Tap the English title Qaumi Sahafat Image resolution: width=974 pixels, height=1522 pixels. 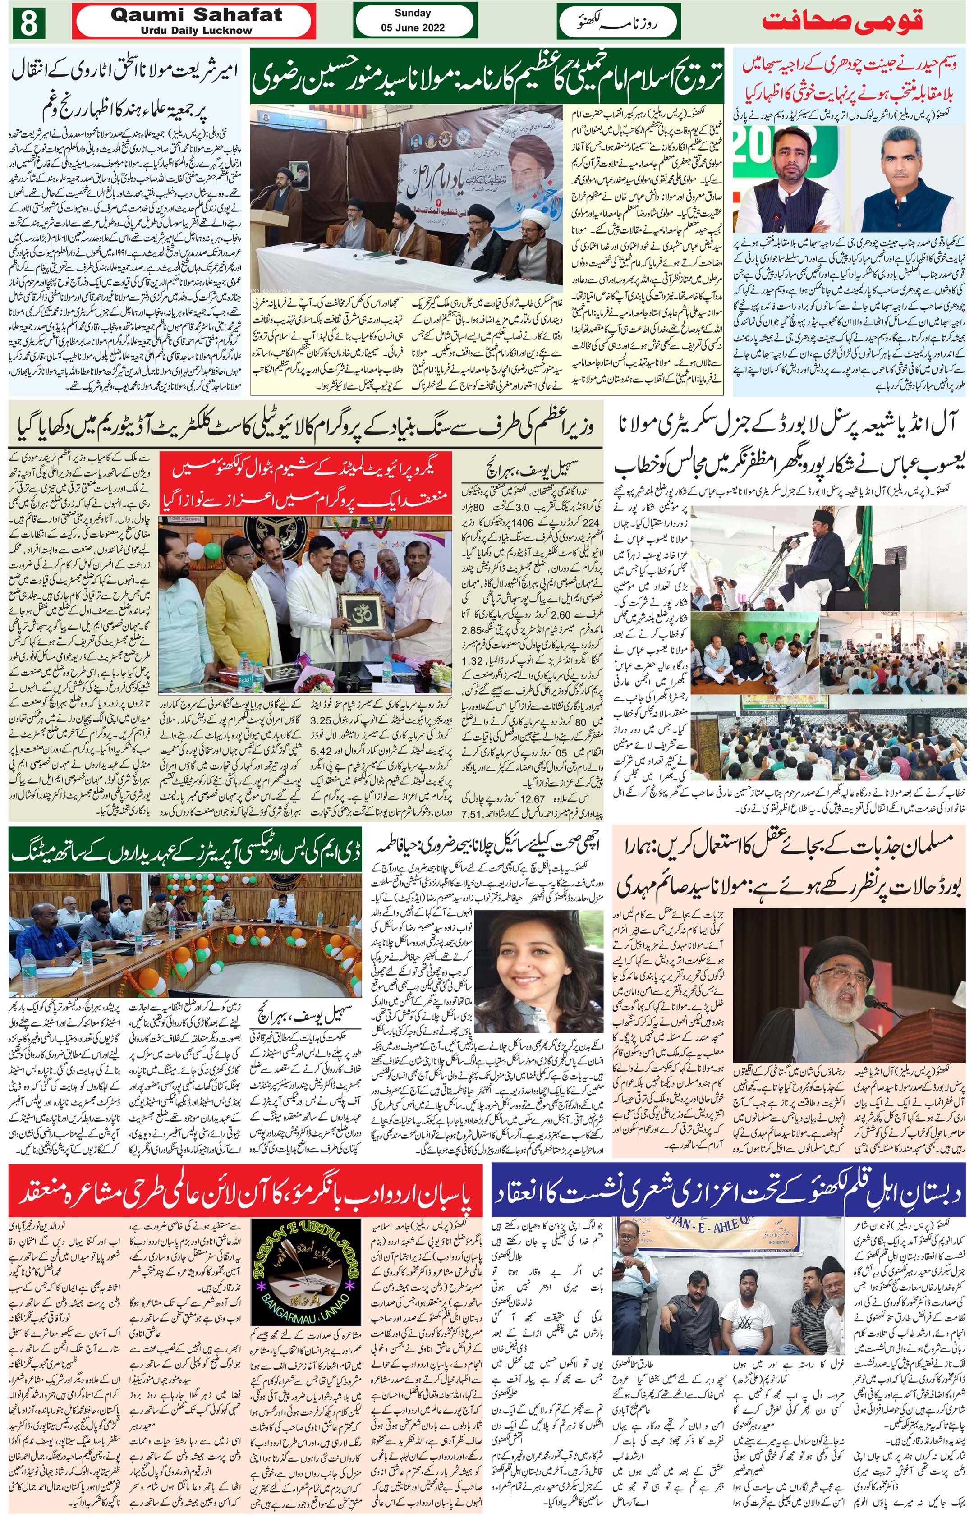[x=196, y=15]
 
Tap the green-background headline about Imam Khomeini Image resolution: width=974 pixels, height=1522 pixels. [x=487, y=75]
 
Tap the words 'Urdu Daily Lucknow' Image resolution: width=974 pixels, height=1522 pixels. [x=196, y=30]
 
